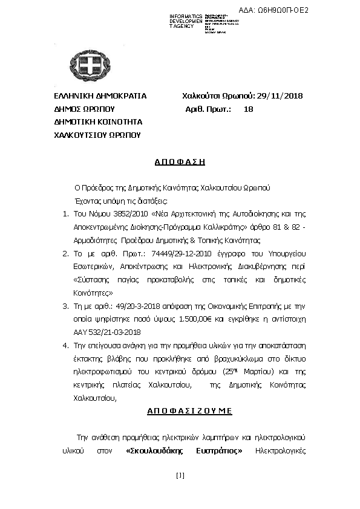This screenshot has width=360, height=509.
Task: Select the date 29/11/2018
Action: [280, 96]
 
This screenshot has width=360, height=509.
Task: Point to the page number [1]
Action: [180, 475]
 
